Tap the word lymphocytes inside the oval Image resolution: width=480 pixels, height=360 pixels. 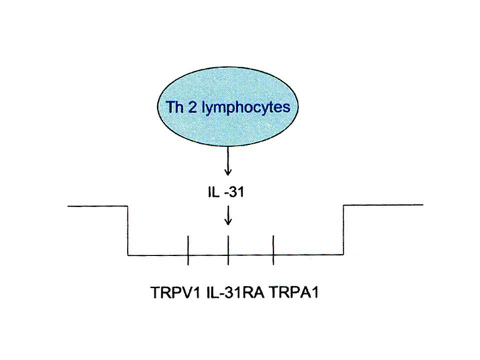point(246,108)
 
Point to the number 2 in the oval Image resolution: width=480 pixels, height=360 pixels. point(192,107)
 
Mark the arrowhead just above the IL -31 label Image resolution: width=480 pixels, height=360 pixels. point(227,172)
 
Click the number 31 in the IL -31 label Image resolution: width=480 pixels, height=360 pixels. point(237,192)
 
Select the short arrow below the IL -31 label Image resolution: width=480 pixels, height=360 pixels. point(228,215)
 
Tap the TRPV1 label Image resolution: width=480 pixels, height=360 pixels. point(175,292)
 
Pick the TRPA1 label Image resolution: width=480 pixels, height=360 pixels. point(294,292)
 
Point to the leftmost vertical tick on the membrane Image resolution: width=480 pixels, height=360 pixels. point(188,250)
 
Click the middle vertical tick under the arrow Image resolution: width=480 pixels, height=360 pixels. point(228,250)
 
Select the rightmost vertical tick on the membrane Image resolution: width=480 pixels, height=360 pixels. point(273,250)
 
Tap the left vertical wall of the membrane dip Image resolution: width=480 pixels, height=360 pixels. point(127,230)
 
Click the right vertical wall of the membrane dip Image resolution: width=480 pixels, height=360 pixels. point(343,229)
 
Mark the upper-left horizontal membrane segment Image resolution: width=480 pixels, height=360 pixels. point(97,206)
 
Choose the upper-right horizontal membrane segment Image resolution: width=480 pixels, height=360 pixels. point(383,204)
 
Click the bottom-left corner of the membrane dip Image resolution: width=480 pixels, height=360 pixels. point(128,255)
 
